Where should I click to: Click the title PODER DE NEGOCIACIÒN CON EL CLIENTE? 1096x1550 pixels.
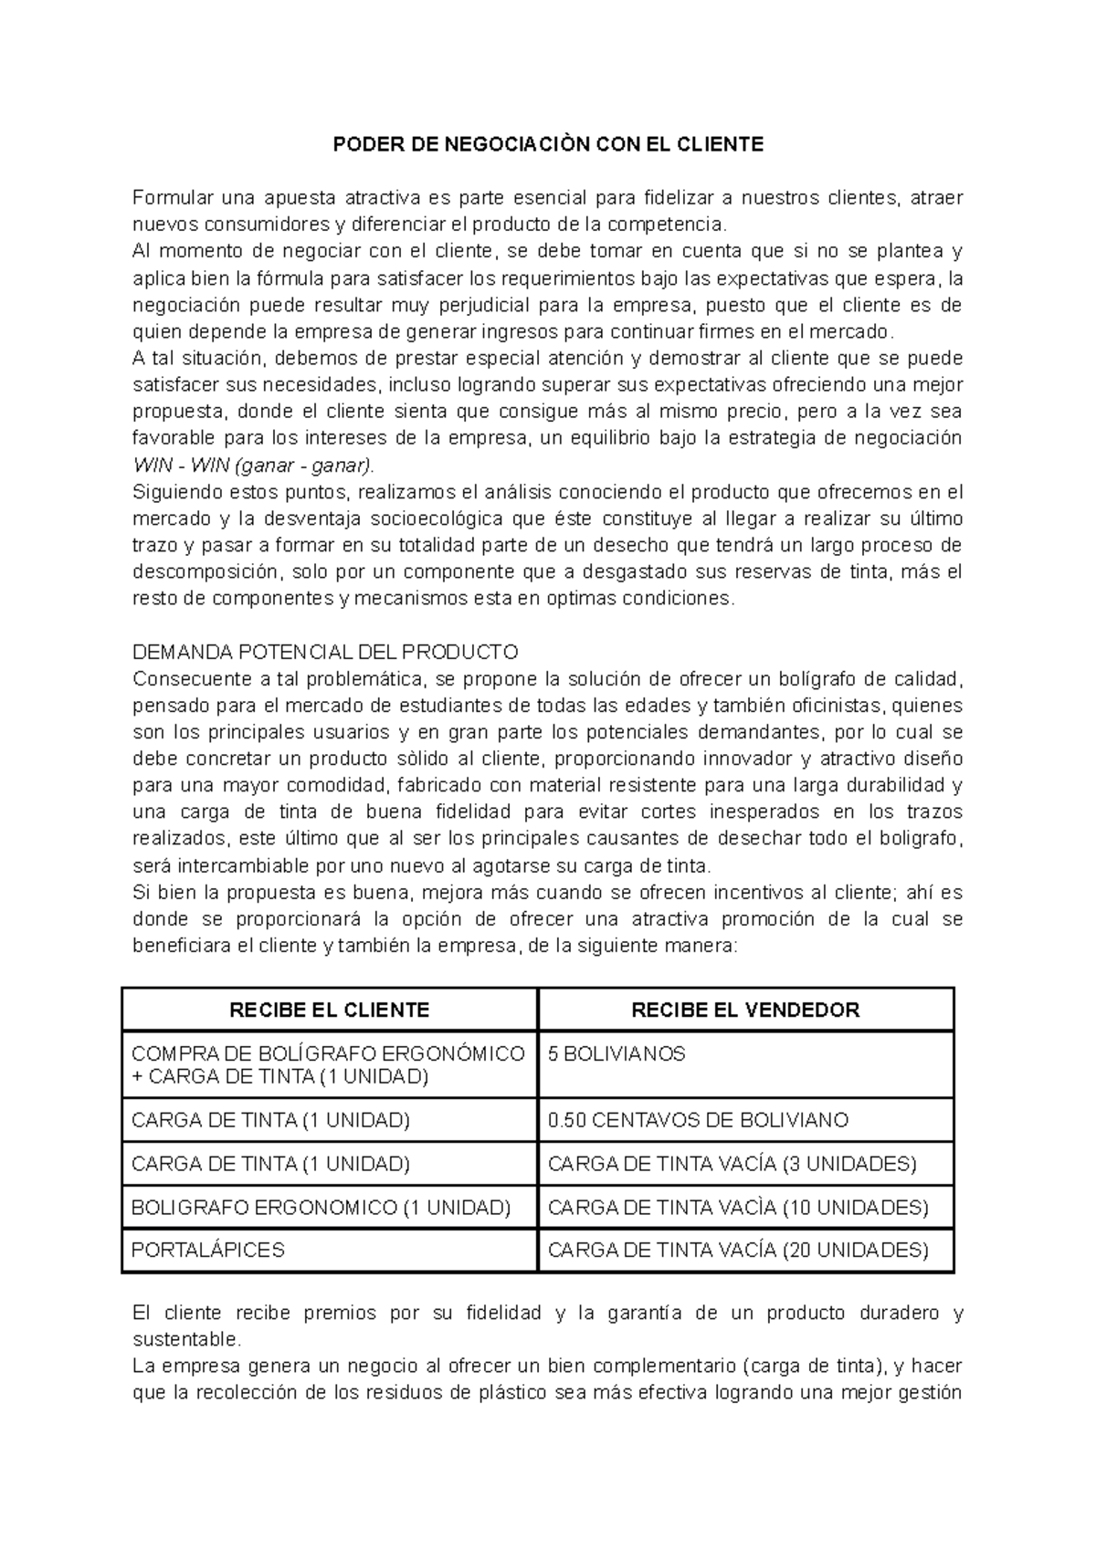point(547,144)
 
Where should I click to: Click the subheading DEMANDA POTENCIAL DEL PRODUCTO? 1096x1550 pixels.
point(325,653)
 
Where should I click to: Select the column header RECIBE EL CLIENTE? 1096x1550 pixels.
point(329,1010)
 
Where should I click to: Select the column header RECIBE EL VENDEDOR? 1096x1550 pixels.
point(745,1010)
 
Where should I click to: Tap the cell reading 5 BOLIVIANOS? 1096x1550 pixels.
point(616,1054)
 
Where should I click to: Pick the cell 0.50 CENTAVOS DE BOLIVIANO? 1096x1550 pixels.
point(698,1120)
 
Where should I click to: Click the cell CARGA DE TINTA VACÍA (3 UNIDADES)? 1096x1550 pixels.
point(732,1164)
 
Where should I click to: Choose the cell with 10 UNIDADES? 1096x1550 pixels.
point(737,1208)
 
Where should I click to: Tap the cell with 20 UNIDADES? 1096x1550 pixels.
point(737,1251)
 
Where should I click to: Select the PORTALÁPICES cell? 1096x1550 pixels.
point(208,1251)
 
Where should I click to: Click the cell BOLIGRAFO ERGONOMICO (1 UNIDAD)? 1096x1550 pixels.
point(321,1208)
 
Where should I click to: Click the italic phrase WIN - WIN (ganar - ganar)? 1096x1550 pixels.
point(253,466)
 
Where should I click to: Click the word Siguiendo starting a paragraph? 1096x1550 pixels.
point(177,493)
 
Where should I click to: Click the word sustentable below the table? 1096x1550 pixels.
point(186,1340)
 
